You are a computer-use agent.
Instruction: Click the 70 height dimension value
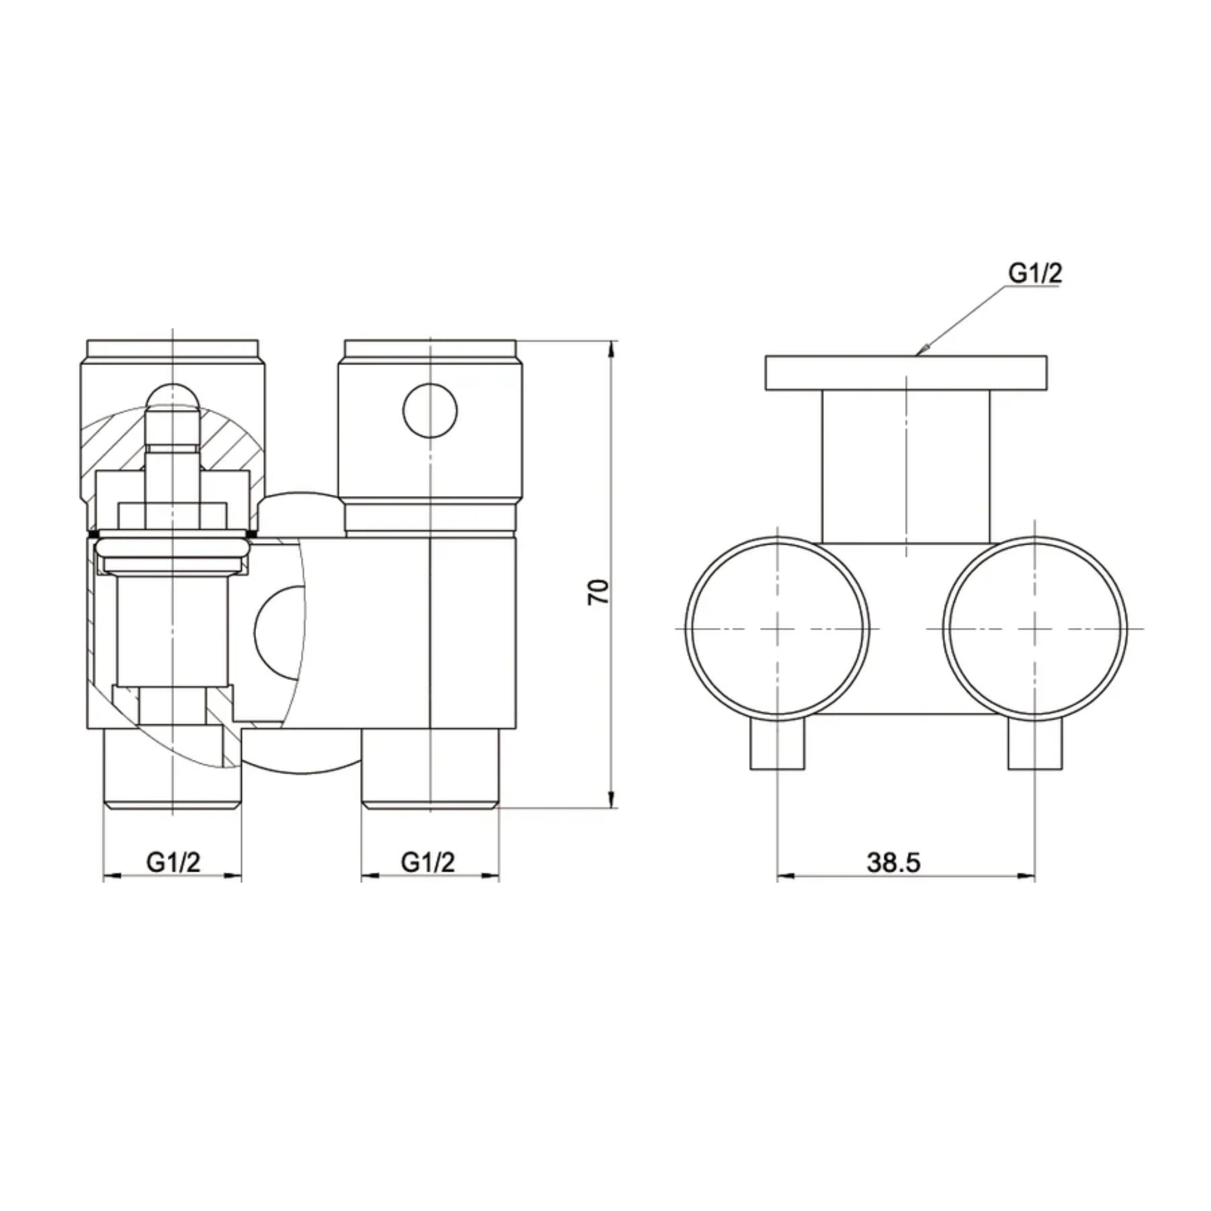[598, 592]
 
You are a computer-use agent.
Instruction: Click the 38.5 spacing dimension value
[893, 863]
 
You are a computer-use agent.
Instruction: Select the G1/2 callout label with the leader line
[1035, 273]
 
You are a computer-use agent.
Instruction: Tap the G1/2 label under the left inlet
[173, 863]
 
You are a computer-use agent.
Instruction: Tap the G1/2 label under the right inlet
[428, 863]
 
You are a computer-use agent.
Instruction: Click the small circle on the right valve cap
[430, 410]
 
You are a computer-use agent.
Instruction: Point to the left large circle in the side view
[777, 629]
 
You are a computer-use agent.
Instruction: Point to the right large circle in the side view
[1035, 629]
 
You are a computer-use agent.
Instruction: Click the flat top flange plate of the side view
[906, 373]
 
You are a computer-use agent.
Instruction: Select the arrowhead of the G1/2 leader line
[922, 351]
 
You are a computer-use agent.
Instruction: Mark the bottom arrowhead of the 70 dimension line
[612, 802]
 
